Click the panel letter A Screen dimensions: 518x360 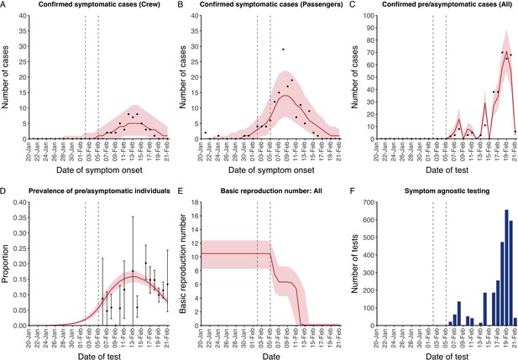[x=3, y=5]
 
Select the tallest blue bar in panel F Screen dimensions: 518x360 [x=507, y=268]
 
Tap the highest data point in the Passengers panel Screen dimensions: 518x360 [x=283, y=50]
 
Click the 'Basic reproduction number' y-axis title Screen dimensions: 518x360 [x=183, y=263]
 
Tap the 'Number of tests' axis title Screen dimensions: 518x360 [x=354, y=263]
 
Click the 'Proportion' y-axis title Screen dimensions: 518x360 [x=6, y=263]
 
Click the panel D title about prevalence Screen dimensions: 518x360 [x=99, y=190]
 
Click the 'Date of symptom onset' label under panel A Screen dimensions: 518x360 [x=99, y=170]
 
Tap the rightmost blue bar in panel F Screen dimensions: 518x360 [x=515, y=322]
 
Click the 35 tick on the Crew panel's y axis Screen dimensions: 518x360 [x=24, y=31]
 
